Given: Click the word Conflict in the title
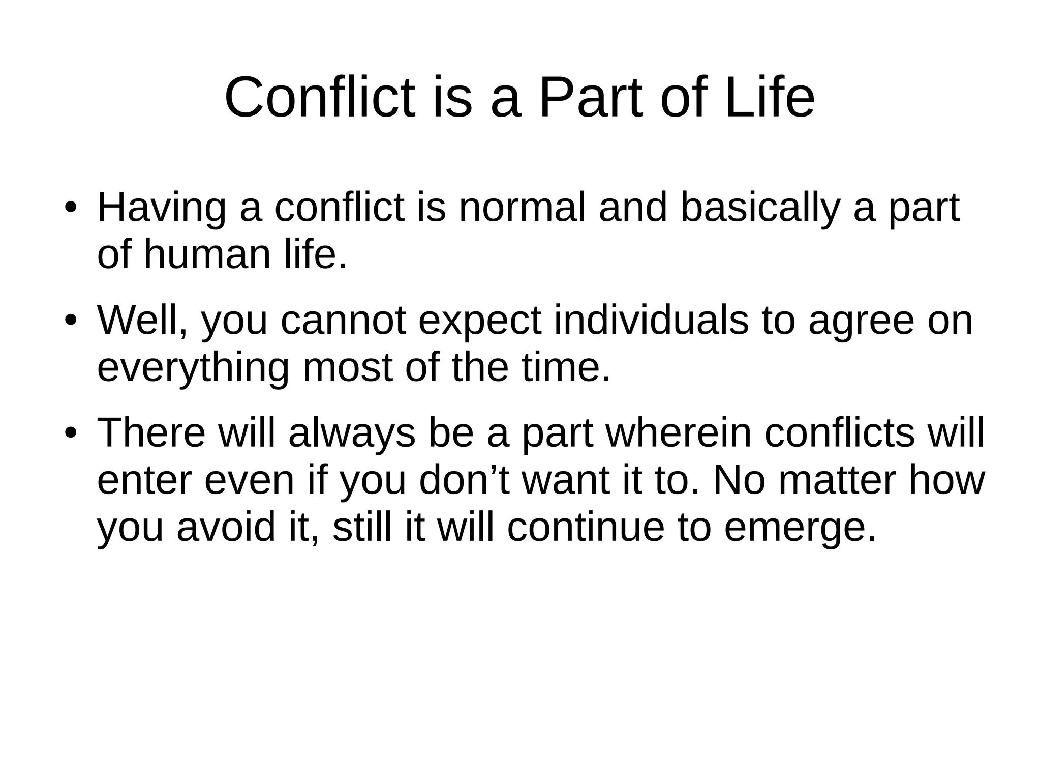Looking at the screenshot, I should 319,97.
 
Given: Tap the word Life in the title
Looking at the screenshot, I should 770,97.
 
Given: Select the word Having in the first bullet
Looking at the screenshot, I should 162,208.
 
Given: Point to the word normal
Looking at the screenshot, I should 522,208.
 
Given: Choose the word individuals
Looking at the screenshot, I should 651,321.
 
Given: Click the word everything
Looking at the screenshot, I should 193,368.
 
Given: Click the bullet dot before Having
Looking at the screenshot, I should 71,209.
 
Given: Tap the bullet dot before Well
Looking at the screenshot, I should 71,322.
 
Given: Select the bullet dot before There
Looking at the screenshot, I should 71,434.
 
